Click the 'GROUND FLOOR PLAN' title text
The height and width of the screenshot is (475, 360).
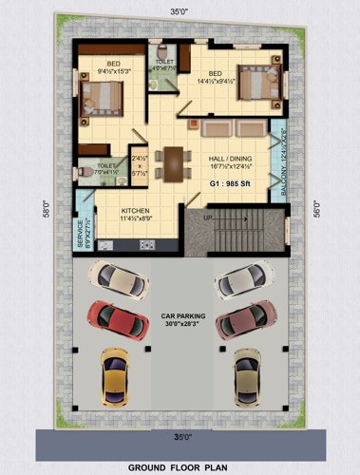[180, 466]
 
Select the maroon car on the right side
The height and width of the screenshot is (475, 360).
[241, 320]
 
